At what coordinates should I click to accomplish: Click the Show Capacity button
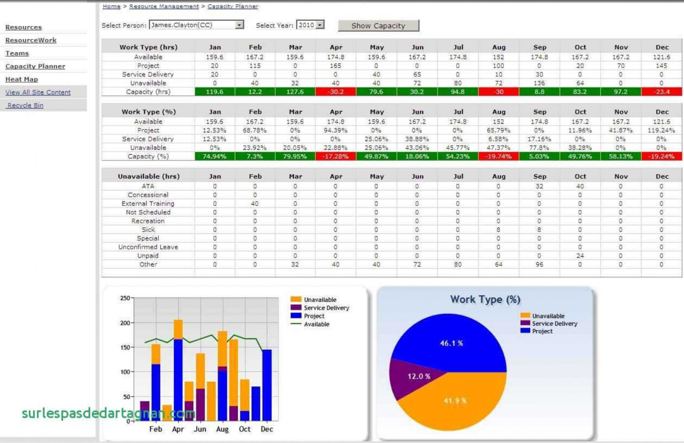tap(378, 26)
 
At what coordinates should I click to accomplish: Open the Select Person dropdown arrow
tap(239, 25)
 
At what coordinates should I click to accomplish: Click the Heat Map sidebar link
tap(21, 79)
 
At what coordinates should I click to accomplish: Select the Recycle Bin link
tap(26, 105)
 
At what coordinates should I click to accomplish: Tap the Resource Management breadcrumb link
tap(164, 6)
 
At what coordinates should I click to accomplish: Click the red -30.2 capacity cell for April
tap(335, 92)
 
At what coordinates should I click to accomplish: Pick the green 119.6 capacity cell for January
tap(214, 92)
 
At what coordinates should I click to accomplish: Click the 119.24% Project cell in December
tap(661, 130)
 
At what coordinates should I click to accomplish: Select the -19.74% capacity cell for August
tap(498, 156)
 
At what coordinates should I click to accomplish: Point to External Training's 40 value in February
tap(255, 204)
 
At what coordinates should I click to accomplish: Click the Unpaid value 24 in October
tap(580, 256)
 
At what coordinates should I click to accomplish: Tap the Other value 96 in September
tap(539, 264)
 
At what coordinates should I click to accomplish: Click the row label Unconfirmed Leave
tap(148, 247)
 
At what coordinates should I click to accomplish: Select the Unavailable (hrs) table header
tap(148, 176)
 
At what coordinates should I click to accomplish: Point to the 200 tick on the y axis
tap(125, 323)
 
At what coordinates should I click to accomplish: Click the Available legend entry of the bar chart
tap(316, 324)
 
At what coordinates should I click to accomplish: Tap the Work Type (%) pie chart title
tap(485, 300)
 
